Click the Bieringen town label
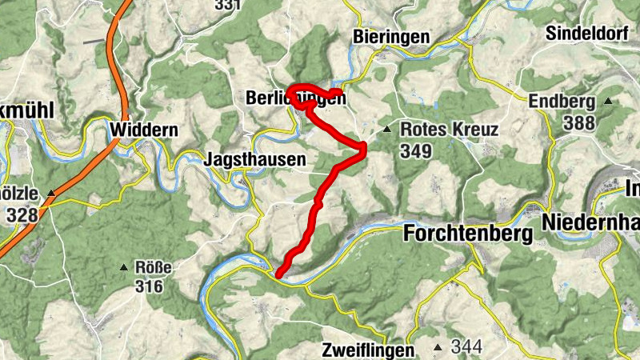tap(390, 37)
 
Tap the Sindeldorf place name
tap(590, 33)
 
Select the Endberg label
tap(562, 102)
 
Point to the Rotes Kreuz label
tap(450, 130)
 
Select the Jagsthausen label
tap(255, 159)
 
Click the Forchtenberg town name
tap(469, 234)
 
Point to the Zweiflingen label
tap(369, 350)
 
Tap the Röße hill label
tap(154, 267)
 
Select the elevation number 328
tap(22, 214)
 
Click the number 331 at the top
tap(228, 5)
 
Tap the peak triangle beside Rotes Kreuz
tap(386, 129)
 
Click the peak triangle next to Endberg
tap(608, 102)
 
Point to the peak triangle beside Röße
tap(124, 267)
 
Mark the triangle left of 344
tap(438, 347)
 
